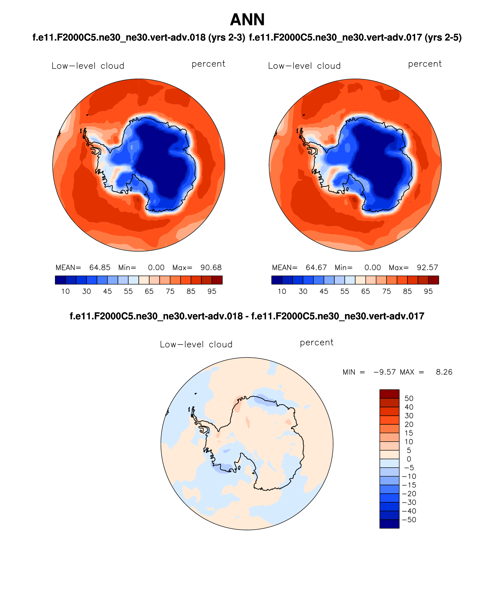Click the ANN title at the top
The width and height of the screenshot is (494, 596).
247,20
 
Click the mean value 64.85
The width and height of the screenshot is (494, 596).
100,267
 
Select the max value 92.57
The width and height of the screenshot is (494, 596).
427,267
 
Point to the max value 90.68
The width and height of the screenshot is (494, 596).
211,267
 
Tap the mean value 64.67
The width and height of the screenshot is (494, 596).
316,267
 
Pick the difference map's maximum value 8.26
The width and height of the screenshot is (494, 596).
444,372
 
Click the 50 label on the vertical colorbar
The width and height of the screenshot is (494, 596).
409,398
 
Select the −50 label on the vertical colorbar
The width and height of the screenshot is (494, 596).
409,520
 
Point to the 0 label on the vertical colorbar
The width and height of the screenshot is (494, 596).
409,459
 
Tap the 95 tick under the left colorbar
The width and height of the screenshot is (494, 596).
212,291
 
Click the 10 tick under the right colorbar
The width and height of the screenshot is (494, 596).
282,291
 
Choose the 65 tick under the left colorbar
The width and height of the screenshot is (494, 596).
149,291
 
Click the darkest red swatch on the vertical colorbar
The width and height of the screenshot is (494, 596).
389,394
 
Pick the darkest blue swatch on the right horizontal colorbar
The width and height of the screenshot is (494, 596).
276,280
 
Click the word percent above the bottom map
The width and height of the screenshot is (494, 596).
317,343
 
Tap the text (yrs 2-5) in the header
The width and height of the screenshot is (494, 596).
443,38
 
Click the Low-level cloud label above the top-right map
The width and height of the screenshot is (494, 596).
304,66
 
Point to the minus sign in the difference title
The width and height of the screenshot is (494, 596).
247,316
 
